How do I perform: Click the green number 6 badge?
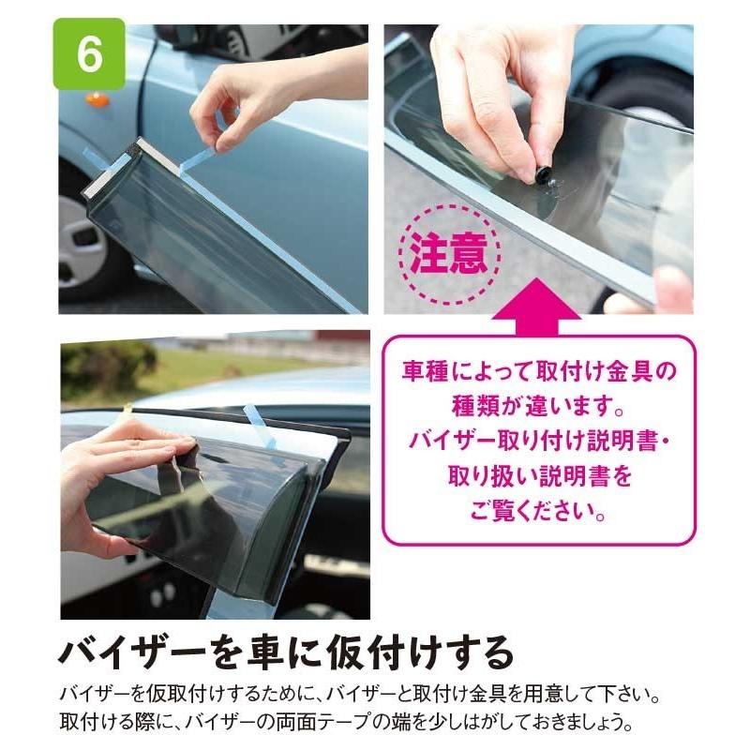coord(89,54)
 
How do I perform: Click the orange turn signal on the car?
coord(97,99)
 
